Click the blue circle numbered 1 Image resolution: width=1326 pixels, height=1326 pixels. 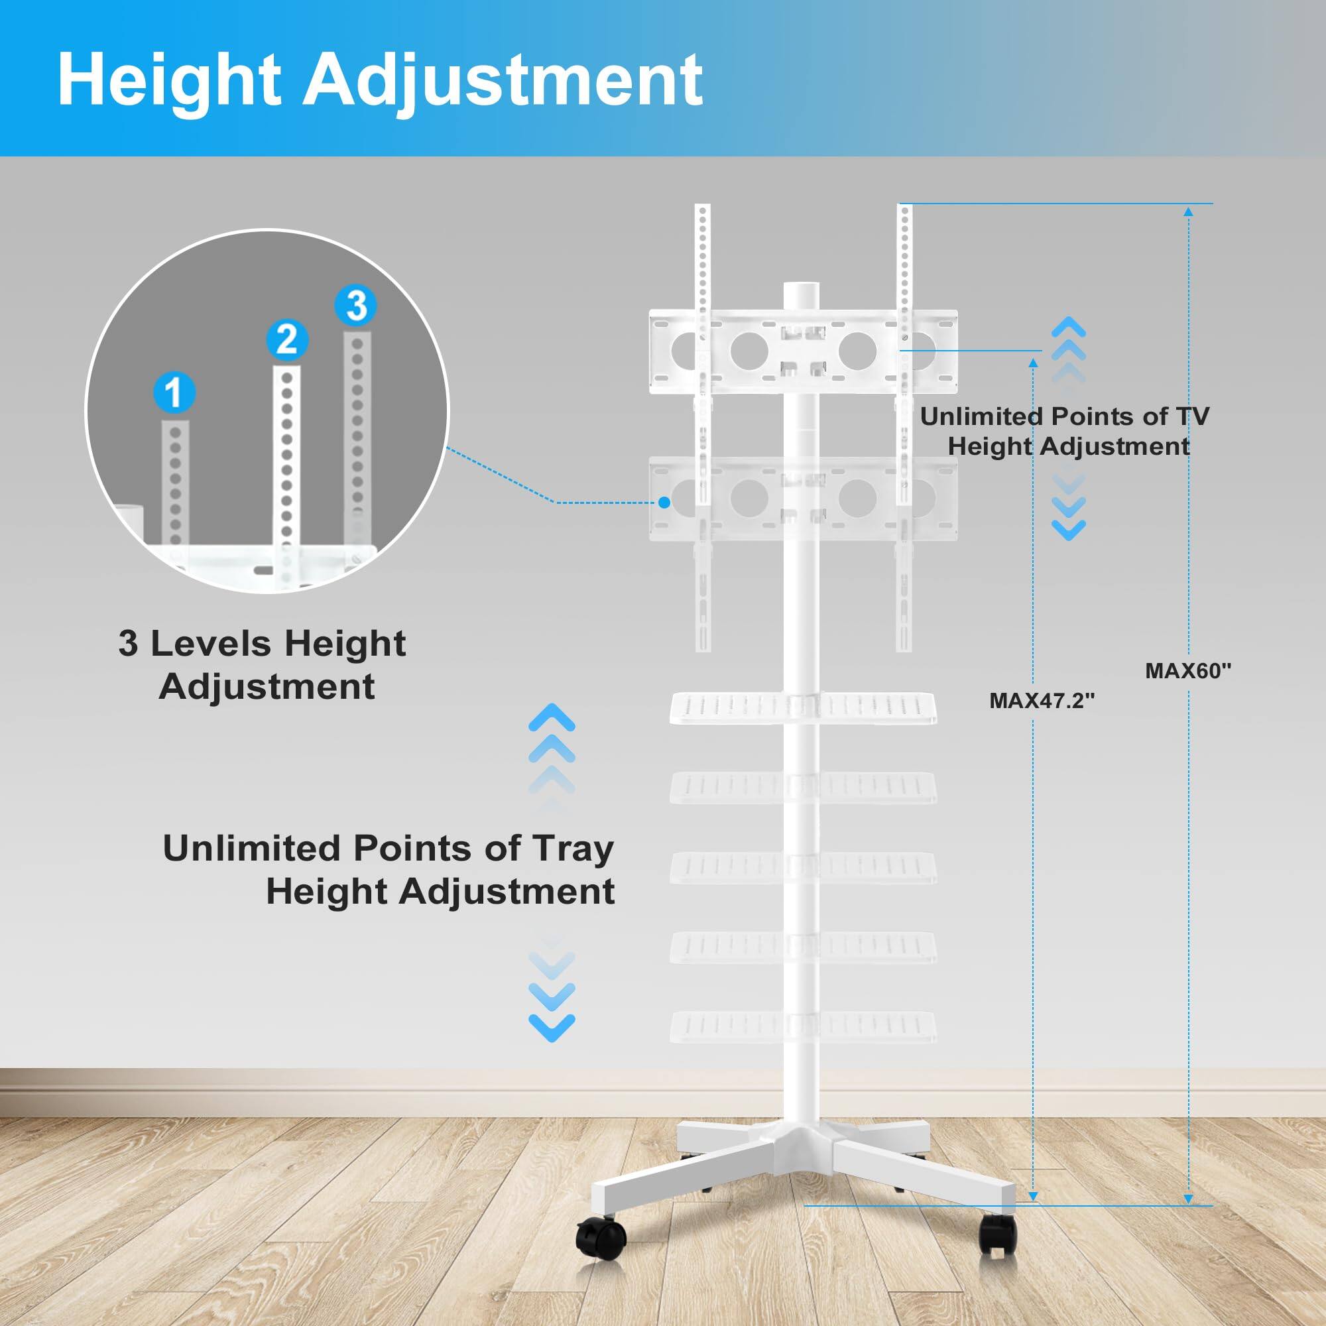click(x=174, y=392)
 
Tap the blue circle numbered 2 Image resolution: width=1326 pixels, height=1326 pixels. click(x=286, y=339)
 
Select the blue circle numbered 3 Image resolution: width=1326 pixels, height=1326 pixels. click(x=356, y=306)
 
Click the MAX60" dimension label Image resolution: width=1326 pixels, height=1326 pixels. click(x=1188, y=670)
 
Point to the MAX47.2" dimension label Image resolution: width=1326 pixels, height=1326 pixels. click(x=1042, y=700)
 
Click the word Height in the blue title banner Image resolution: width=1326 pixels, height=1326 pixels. click(x=170, y=80)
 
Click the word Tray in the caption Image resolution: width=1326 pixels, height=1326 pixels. click(x=572, y=849)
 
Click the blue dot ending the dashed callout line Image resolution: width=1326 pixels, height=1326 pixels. click(x=664, y=503)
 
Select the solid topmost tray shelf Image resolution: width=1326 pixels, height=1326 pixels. click(x=803, y=706)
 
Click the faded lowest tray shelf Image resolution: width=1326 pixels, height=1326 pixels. click(x=803, y=1027)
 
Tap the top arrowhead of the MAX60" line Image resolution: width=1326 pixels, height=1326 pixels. click(x=1188, y=211)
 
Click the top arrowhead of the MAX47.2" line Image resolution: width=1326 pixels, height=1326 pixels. click(x=1034, y=362)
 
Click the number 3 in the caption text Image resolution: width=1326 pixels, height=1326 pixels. click(x=128, y=644)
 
